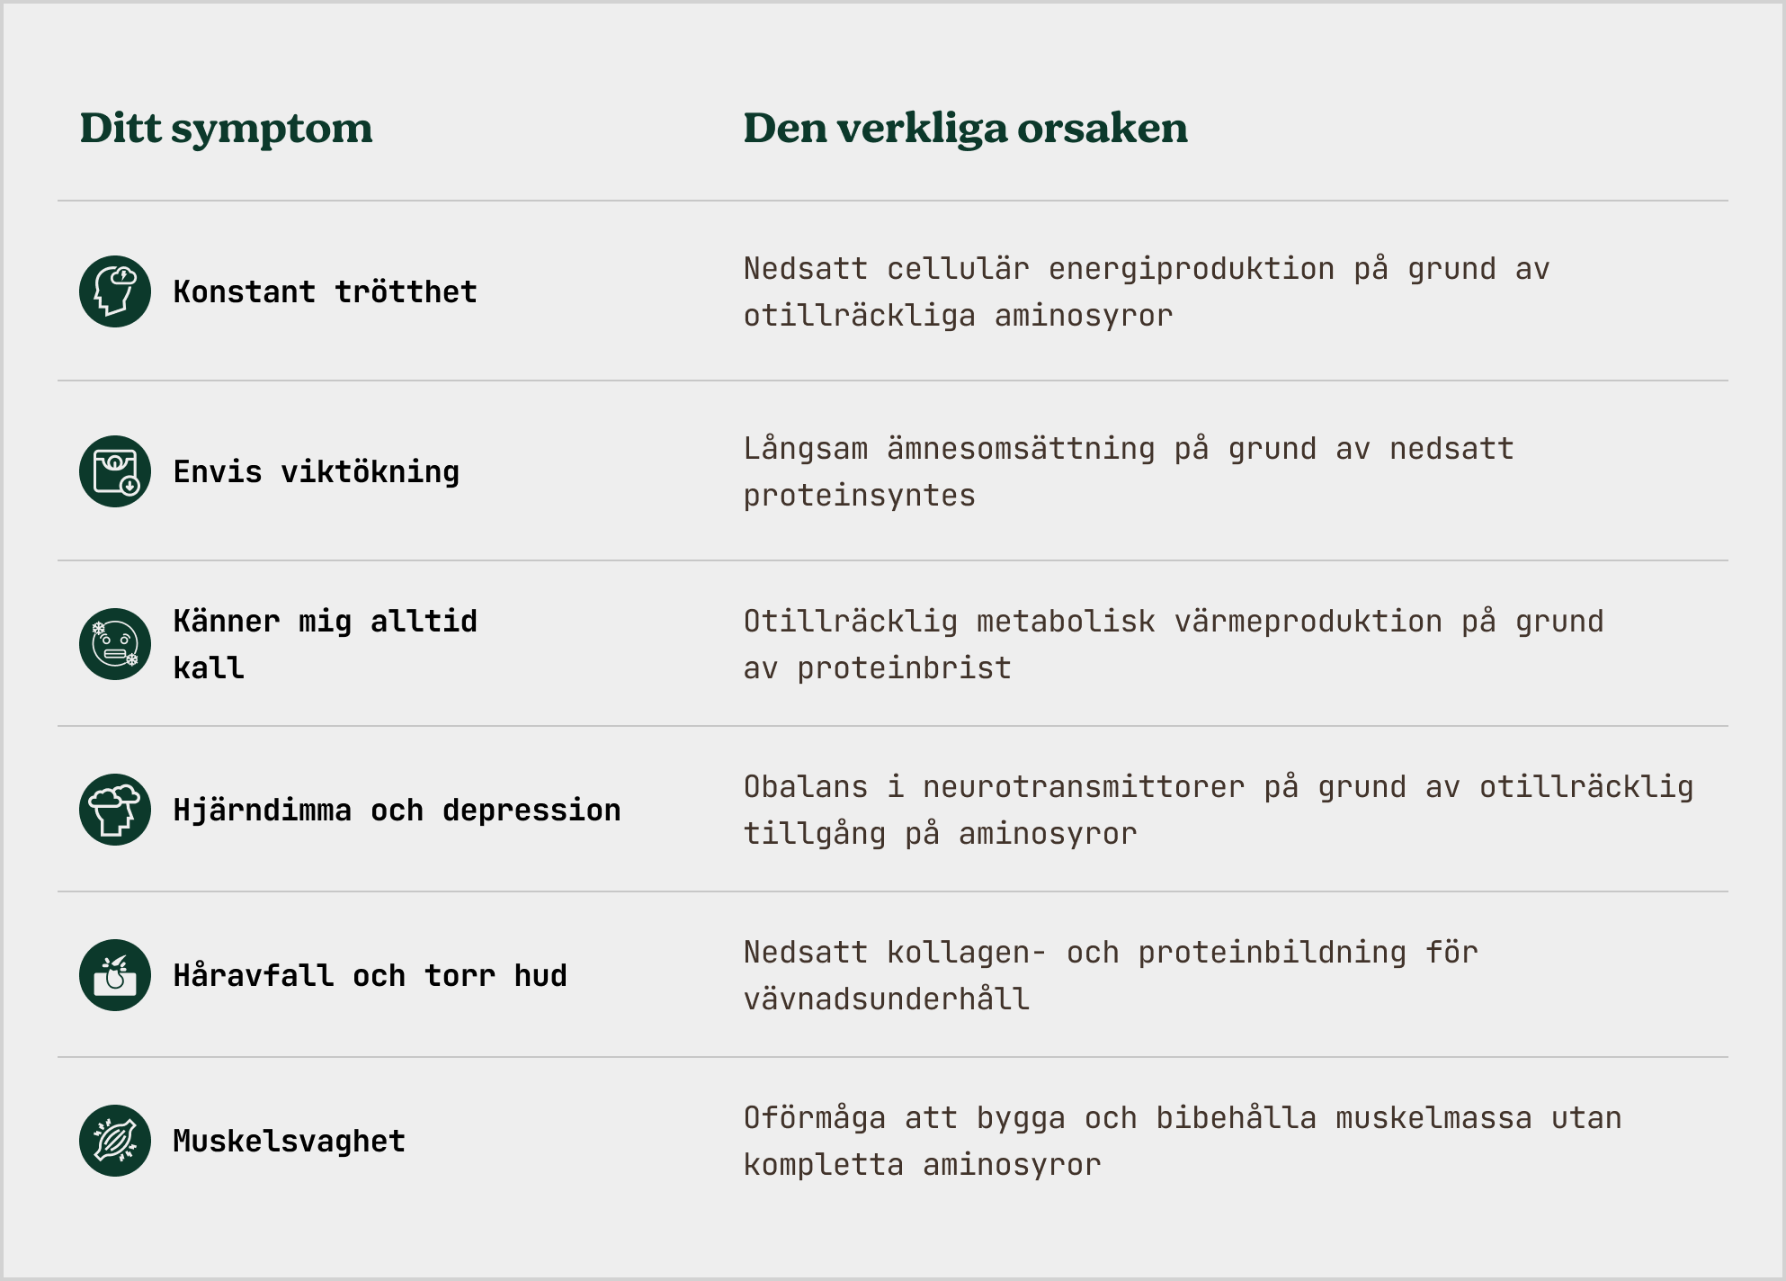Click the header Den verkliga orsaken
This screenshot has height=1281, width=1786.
pyautogui.click(x=965, y=128)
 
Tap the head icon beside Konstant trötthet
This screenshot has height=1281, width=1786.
pyautogui.click(x=115, y=291)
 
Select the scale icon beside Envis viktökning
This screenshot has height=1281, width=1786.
pyautogui.click(x=115, y=471)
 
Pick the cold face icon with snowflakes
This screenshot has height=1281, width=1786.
pyautogui.click(x=115, y=644)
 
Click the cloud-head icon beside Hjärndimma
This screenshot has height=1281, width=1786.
pyautogui.click(x=115, y=810)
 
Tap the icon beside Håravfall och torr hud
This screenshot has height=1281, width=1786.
pyautogui.click(x=115, y=975)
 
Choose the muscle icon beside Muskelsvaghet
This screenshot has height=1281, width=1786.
pyautogui.click(x=115, y=1141)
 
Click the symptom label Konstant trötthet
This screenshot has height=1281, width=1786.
pyautogui.click(x=325, y=291)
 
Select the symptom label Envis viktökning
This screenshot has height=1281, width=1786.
pyautogui.click(x=316, y=472)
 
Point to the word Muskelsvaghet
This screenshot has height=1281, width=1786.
pyautogui.click(x=289, y=1142)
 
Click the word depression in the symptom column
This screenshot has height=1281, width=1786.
pyautogui.click(x=531, y=811)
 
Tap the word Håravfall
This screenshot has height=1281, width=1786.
pyautogui.click(x=253, y=975)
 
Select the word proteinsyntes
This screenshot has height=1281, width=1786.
pyautogui.click(x=859, y=496)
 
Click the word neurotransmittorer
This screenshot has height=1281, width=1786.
pyautogui.click(x=1084, y=787)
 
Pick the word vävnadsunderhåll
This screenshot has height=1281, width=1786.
pyautogui.click(x=887, y=999)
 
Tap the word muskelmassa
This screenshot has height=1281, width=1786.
pyautogui.click(x=1433, y=1118)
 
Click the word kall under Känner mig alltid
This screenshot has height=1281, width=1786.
pyautogui.click(x=209, y=668)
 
